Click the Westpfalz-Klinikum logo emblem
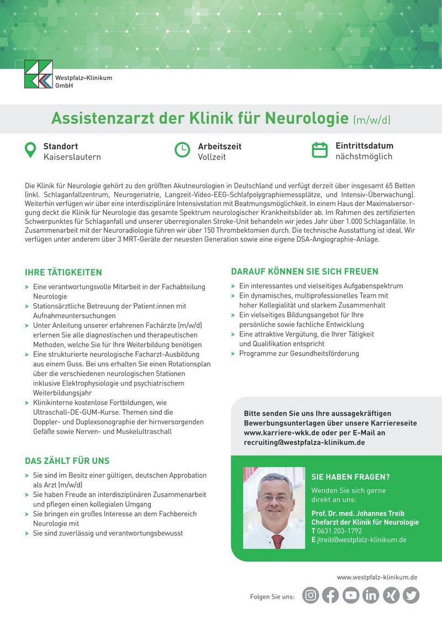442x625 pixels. [39, 75]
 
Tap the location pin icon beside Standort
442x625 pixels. [30, 150]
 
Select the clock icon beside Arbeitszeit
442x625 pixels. [182, 150]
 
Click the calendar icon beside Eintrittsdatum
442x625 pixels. [320, 150]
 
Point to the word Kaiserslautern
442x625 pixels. [72, 157]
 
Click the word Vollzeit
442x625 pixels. [212, 157]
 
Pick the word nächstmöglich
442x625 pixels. [364, 156]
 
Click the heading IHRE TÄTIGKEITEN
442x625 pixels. [64, 272]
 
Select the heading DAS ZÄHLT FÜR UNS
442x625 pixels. [67, 460]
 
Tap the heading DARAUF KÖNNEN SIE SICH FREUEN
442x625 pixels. [304, 272]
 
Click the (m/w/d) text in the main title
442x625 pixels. [372, 119]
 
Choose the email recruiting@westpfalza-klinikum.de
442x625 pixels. [304, 443]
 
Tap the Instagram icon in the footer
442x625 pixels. [311, 595]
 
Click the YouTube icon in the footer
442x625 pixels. [351, 595]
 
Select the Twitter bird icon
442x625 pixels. [411, 595]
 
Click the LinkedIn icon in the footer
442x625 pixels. [371, 595]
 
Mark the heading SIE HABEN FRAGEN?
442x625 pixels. [350, 477]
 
